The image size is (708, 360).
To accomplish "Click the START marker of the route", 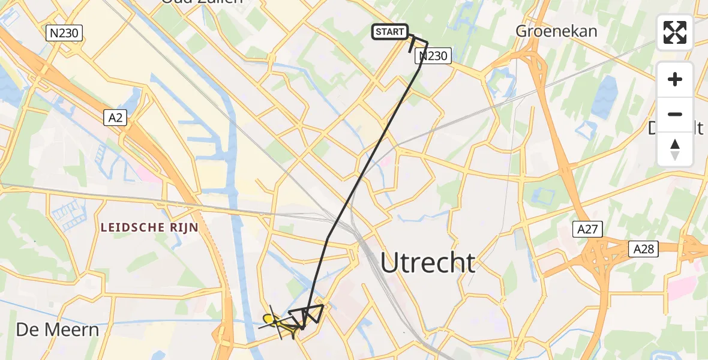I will pos(390,32).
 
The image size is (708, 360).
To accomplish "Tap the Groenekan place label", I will pos(557,31).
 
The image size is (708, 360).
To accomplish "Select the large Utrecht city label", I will pos(428,263).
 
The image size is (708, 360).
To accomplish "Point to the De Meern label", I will pos(57,329).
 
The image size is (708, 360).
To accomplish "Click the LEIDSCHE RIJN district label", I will pos(149,227).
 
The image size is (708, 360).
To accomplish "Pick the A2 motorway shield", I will pos(116,119).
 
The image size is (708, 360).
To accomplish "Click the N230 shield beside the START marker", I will pos(433,56).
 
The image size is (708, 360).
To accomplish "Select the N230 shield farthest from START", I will pos(64,33).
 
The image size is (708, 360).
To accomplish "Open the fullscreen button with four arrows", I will pos(675,32).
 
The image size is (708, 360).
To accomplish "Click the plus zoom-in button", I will pos(675,79).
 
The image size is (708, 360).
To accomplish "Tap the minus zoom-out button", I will pos(675,114).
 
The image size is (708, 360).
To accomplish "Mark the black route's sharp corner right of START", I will pos(427,42).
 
